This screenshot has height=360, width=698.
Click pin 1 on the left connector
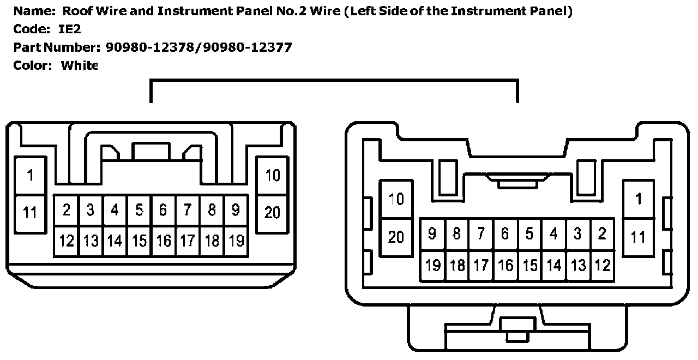click(x=31, y=176)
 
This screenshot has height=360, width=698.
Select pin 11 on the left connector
click(x=31, y=212)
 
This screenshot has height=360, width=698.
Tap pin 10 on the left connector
click(x=272, y=176)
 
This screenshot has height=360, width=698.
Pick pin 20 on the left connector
click(x=272, y=212)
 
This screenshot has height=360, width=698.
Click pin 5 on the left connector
click(x=139, y=210)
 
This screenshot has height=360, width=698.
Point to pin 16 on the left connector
click(x=163, y=241)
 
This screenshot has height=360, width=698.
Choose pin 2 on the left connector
click(x=67, y=210)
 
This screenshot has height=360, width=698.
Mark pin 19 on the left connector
click(x=236, y=241)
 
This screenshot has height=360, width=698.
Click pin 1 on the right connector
click(x=639, y=199)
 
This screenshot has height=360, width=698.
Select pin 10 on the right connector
click(x=396, y=199)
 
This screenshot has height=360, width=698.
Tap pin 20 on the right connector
click(x=396, y=237)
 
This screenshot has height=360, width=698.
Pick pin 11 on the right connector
click(x=639, y=237)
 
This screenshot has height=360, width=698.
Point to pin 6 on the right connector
click(x=505, y=234)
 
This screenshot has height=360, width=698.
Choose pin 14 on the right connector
click(x=553, y=266)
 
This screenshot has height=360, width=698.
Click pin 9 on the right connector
click(x=432, y=234)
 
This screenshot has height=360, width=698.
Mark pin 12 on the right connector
click(x=602, y=266)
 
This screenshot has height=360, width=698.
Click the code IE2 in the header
click(x=70, y=29)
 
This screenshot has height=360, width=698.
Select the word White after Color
click(x=79, y=65)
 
